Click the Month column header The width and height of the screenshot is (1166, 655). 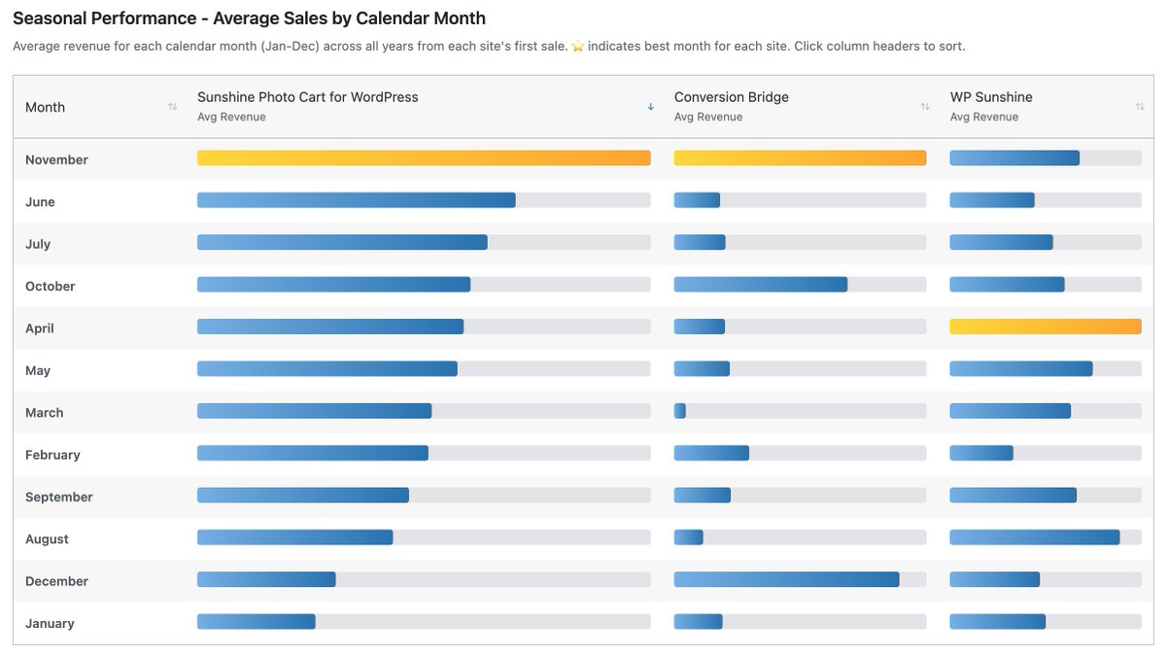[46, 107]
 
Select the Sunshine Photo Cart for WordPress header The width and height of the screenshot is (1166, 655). [307, 97]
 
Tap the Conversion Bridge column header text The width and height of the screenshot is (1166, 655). [731, 97]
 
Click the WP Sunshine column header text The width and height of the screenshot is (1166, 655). [991, 97]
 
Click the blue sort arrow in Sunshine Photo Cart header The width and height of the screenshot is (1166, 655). [650, 107]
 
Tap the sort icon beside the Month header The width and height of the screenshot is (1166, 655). [172, 107]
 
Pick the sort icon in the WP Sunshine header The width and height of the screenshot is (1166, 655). [1140, 107]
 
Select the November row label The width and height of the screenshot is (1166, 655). [56, 159]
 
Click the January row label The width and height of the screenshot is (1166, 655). [50, 623]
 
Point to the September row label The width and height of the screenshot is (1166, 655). [58, 497]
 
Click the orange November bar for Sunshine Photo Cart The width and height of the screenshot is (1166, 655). [424, 157]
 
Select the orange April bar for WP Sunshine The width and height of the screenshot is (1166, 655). [1045, 327]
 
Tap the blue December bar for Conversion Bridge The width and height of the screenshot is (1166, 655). [786, 579]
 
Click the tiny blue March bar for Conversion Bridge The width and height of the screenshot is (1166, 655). [679, 411]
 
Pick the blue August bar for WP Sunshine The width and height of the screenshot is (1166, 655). [1034, 537]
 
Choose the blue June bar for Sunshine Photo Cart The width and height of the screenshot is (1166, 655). [356, 200]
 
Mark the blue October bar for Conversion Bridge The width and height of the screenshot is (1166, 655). [760, 285]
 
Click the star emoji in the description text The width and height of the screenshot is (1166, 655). [578, 47]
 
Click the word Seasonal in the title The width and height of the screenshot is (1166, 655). [49, 18]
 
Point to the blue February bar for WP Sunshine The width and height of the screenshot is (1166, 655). [981, 453]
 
